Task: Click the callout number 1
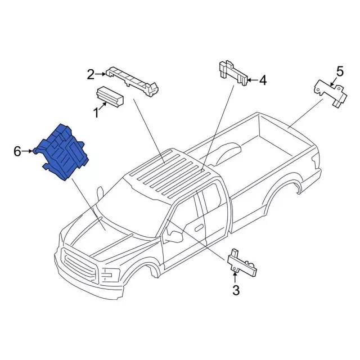point(96,113)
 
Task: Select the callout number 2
point(91,74)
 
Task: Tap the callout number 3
point(236,290)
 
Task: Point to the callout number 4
point(263,80)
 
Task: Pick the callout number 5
point(339,71)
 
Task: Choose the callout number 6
point(17,151)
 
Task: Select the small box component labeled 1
point(111,96)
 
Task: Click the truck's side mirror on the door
point(174,236)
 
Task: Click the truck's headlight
point(110,275)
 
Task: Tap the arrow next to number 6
point(28,151)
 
